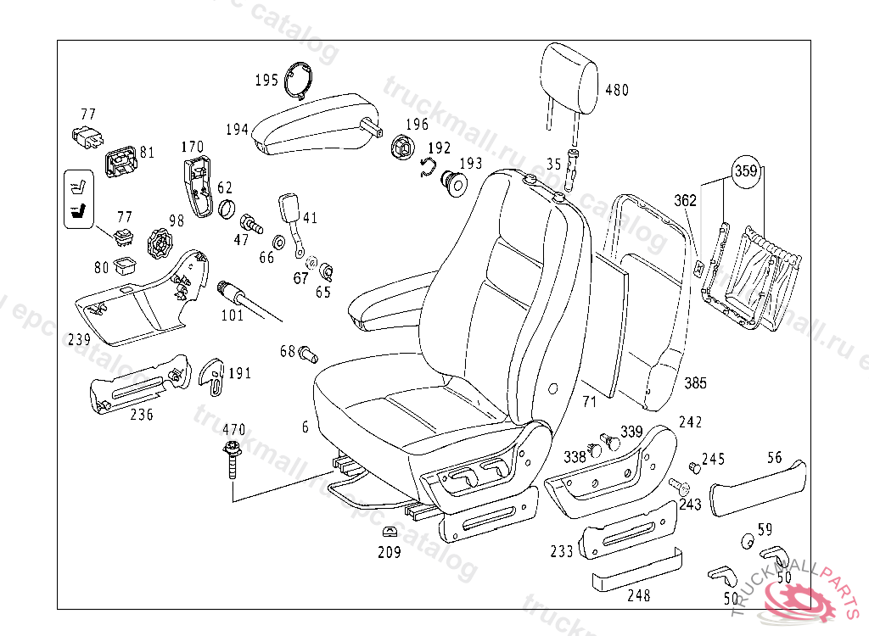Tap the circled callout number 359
pos(745,171)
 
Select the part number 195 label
pos(266,81)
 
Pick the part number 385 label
pos(695,383)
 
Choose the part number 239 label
pos(79,339)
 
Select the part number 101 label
pos(232,315)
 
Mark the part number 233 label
pos(562,551)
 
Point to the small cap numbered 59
pos(748,543)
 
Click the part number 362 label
pos(685,201)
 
